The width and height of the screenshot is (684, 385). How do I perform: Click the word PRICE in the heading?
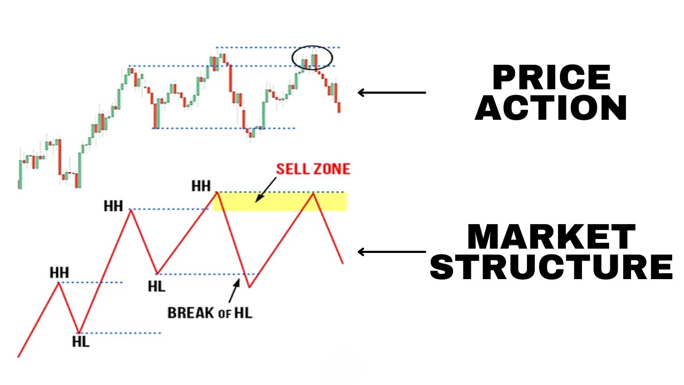(551, 78)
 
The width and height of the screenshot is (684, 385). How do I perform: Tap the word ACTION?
(551, 107)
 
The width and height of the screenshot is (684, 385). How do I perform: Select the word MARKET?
(551, 237)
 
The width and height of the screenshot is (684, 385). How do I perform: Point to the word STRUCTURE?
(551, 267)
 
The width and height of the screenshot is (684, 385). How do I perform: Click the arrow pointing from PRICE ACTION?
(392, 93)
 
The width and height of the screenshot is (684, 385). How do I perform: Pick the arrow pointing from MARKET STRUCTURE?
(392, 252)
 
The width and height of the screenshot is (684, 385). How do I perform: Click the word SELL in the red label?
(293, 170)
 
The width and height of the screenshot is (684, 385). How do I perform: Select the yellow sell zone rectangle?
(280, 202)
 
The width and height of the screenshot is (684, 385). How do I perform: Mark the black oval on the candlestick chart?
(312, 58)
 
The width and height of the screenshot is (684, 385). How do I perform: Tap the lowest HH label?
(59, 272)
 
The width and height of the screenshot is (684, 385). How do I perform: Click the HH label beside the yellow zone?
(201, 186)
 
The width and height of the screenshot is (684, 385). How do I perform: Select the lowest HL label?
(81, 341)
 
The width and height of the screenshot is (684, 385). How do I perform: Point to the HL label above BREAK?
(157, 286)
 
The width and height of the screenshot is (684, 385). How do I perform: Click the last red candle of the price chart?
(339, 107)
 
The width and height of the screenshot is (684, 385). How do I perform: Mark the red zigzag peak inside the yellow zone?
(314, 194)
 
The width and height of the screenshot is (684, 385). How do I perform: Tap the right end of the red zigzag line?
(343, 263)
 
